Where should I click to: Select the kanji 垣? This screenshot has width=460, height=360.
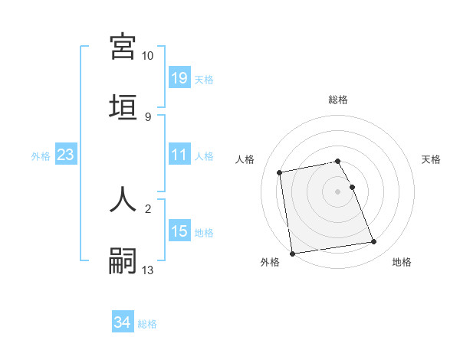click(x=123, y=106)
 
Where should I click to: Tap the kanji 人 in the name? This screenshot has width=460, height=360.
click(x=123, y=198)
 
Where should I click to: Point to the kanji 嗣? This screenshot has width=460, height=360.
click(x=123, y=260)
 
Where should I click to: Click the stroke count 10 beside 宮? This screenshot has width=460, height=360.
click(x=147, y=56)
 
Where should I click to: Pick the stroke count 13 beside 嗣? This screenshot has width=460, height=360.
click(x=147, y=270)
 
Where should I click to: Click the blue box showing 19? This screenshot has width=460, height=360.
click(x=179, y=78)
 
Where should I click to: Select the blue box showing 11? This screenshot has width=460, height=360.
click(x=179, y=155)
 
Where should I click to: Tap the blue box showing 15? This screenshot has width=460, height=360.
click(x=179, y=231)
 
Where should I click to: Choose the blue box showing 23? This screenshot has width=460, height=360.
click(x=66, y=155)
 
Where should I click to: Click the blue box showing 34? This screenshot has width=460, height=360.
click(x=123, y=322)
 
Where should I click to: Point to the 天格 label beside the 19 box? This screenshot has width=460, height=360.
click(x=204, y=79)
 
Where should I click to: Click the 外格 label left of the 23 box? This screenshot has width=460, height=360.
click(x=41, y=155)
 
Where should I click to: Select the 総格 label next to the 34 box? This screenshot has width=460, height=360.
click(x=147, y=323)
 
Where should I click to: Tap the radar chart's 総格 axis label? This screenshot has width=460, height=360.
click(x=338, y=100)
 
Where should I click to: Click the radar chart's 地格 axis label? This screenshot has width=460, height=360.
click(x=402, y=262)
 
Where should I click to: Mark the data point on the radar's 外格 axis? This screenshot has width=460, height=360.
click(x=292, y=254)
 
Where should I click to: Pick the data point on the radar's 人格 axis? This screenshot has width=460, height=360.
click(x=280, y=172)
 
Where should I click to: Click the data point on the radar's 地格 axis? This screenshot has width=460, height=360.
click(x=374, y=242)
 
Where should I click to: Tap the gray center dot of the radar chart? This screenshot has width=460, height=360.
click(x=338, y=191)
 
